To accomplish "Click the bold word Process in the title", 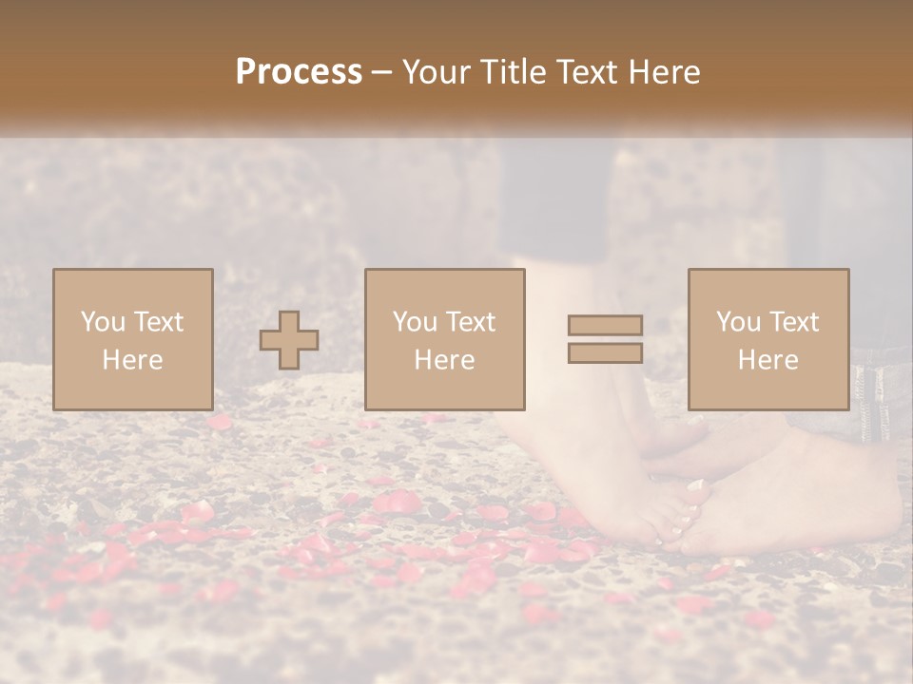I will [x=299, y=72].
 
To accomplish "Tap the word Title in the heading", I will [x=512, y=72].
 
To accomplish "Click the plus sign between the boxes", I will [x=289, y=340].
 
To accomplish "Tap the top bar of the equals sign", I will [x=605, y=326].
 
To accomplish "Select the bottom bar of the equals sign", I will [x=605, y=352].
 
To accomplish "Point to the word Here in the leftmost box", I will [x=132, y=360].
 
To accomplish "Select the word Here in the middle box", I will [x=444, y=360].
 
